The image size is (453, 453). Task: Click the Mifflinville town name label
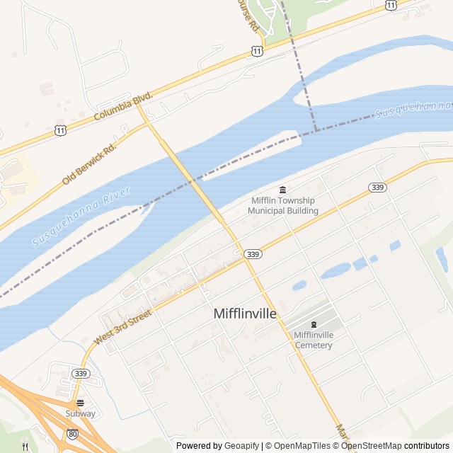[x=245, y=314]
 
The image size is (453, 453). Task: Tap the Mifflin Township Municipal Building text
[x=283, y=205]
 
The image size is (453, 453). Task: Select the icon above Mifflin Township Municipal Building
[x=283, y=190]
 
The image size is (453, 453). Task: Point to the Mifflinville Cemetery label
[x=313, y=340]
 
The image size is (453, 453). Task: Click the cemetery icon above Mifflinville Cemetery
[x=314, y=323]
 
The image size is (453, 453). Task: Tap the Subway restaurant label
[x=80, y=413]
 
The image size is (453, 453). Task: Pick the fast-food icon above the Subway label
[x=80, y=402]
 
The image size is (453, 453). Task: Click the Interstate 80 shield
[x=73, y=433]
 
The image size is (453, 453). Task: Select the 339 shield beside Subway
[x=80, y=374]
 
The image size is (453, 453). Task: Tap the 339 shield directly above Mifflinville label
[x=251, y=253]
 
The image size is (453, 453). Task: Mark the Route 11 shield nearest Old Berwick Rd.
[x=61, y=131]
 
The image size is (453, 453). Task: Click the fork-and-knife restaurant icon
[x=26, y=447]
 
